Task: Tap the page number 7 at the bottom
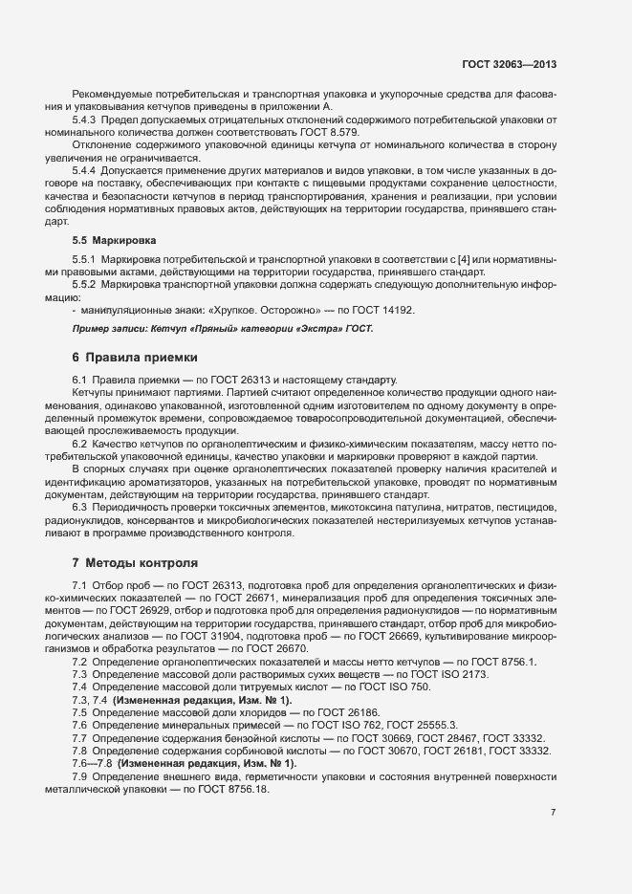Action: pos(553,813)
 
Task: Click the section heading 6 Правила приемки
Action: pos(135,358)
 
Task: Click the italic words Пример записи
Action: pos(111,329)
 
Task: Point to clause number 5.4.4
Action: pos(88,169)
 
